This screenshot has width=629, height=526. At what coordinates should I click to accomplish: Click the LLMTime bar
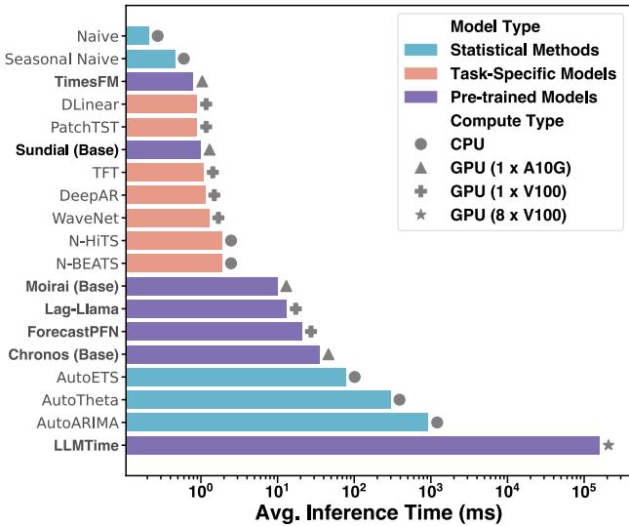363,445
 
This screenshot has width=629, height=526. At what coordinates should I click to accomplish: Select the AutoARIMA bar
277,422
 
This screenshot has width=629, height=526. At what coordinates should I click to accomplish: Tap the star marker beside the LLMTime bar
609,445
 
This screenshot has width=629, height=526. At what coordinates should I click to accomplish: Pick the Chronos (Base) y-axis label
64,353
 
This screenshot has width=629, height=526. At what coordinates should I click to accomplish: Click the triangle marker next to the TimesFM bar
202,82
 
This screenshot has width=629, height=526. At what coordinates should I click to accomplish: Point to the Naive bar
138,36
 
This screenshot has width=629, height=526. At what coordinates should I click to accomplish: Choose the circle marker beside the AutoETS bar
355,377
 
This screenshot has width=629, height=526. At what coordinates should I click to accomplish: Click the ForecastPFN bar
215,331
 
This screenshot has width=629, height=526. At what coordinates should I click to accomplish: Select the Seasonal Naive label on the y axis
61,60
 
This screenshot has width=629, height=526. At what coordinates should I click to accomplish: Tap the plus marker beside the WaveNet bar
218,218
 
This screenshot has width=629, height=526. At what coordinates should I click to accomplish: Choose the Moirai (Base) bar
202,286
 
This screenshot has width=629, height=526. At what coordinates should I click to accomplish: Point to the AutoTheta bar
258,399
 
